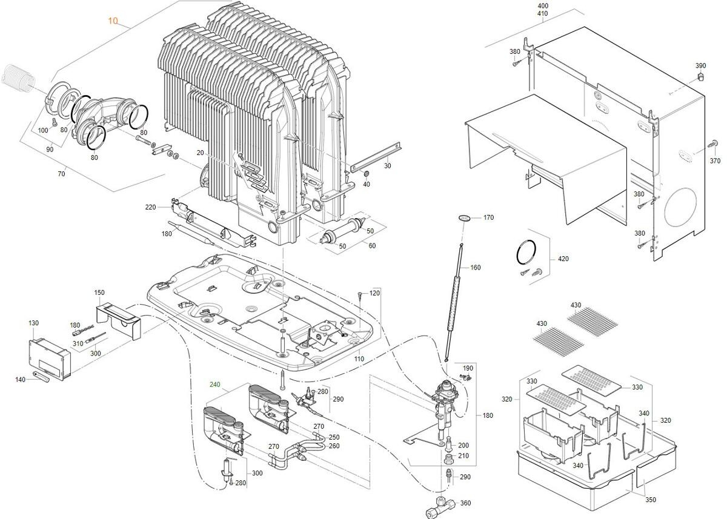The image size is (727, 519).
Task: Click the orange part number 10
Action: tap(113, 21)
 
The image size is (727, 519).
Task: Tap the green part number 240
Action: tap(215, 384)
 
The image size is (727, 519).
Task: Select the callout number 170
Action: tap(488, 217)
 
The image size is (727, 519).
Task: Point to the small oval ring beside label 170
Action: tap(465, 216)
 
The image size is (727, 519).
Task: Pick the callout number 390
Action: tap(700, 65)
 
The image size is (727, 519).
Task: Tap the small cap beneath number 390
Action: tap(701, 77)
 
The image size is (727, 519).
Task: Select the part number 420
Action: tap(563, 259)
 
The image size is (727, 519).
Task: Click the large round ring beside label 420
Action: tap(527, 251)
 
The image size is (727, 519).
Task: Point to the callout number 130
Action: tap(33, 323)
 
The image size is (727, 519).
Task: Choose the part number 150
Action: tap(99, 293)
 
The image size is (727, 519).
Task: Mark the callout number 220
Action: tap(150, 207)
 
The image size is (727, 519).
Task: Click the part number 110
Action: tap(359, 359)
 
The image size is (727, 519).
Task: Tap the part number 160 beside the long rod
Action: tap(476, 267)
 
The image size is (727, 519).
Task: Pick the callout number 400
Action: tap(542, 5)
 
